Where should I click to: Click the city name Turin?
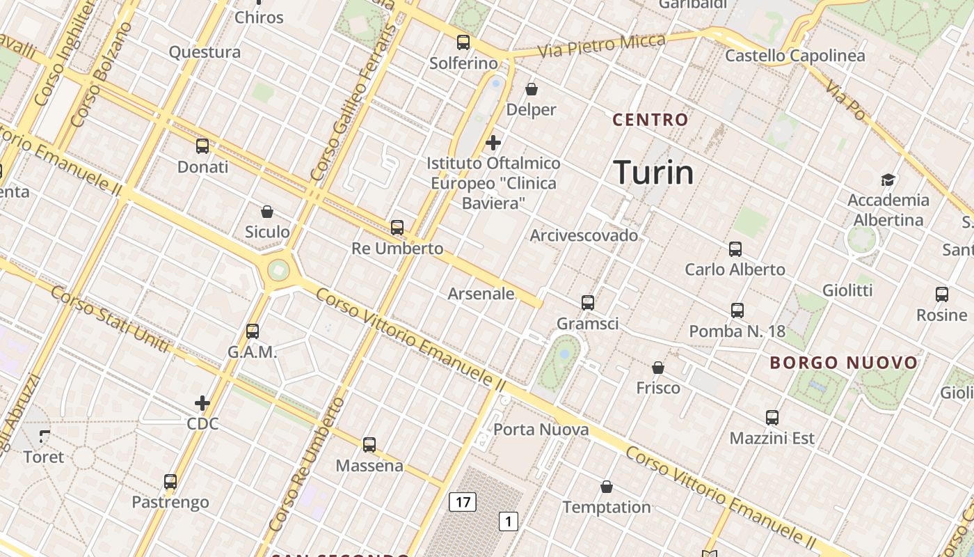click(653, 173)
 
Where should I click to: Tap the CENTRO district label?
click(650, 120)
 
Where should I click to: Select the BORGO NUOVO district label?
click(845, 363)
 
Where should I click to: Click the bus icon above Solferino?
click(463, 42)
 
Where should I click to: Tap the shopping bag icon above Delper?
click(532, 89)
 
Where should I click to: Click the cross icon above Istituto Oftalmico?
click(493, 143)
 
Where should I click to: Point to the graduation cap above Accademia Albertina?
click(888, 180)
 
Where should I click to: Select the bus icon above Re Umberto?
click(397, 227)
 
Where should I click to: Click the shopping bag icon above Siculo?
click(267, 211)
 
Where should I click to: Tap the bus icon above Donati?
click(202, 146)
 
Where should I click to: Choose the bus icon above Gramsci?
click(588, 302)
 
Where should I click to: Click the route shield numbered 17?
click(462, 501)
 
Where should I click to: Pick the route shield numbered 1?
click(509, 521)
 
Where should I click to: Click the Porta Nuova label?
click(541, 430)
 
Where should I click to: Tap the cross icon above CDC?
click(202, 402)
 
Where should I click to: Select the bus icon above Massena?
click(369, 444)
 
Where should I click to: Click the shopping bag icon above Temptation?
click(607, 487)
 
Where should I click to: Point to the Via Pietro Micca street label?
click(601, 46)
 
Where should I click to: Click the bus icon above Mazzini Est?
click(772, 418)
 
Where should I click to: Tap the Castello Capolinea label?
click(795, 56)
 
